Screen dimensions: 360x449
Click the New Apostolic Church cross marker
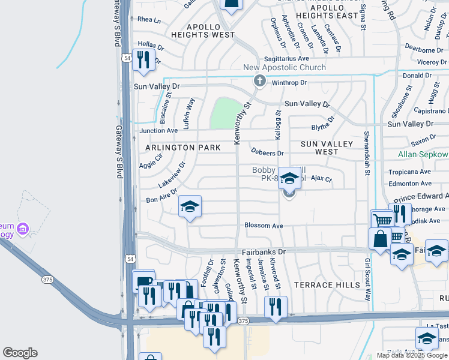259,81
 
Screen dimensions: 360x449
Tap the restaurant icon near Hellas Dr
143,60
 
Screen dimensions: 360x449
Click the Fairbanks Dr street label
264,253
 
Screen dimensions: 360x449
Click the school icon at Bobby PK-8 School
289,178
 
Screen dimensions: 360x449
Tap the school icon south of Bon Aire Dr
190,208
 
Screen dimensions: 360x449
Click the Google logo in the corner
20,353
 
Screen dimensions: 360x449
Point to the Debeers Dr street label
267,154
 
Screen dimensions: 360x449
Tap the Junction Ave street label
158,130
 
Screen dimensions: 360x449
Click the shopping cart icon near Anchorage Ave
382,220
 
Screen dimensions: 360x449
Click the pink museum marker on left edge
23,229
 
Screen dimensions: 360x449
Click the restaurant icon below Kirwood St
276,307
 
